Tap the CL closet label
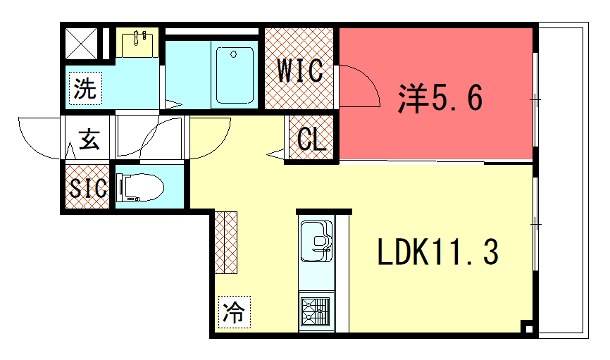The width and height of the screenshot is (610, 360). tap(312, 140)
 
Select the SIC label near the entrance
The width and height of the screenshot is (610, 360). tap(87, 187)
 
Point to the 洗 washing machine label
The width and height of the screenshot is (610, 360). tap(85, 88)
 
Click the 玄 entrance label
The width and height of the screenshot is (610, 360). tap(88, 140)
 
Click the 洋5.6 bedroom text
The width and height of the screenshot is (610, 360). tap(440, 98)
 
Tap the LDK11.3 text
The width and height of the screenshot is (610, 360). tap(436, 253)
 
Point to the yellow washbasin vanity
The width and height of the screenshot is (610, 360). tap(138, 45)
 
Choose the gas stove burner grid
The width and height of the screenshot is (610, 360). tap(319, 311)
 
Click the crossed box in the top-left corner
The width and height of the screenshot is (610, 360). tap(82, 44)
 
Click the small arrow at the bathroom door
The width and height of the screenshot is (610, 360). tap(174, 103)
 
